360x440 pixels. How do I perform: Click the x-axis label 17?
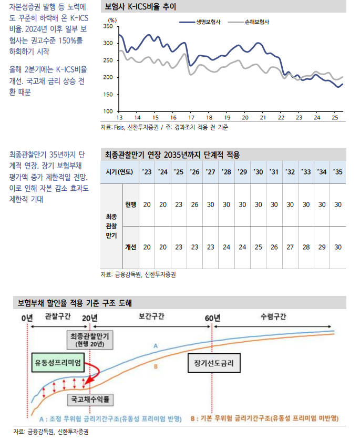tap(191, 117)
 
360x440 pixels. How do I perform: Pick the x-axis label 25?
tap(334, 117)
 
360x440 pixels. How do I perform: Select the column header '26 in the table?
tap(194, 172)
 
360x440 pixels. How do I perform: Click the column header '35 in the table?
tap(337, 172)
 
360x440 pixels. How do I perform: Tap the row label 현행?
tap(130, 204)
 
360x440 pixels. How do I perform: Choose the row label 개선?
tap(130, 247)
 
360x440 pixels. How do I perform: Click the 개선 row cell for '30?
tap(258, 247)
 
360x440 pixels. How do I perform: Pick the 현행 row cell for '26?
tap(194, 204)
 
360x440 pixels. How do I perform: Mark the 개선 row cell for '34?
tap(322, 247)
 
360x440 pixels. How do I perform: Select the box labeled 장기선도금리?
tap(213, 363)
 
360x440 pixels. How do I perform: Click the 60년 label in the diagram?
tap(212, 318)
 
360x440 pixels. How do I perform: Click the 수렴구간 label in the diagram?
tap(273, 317)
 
